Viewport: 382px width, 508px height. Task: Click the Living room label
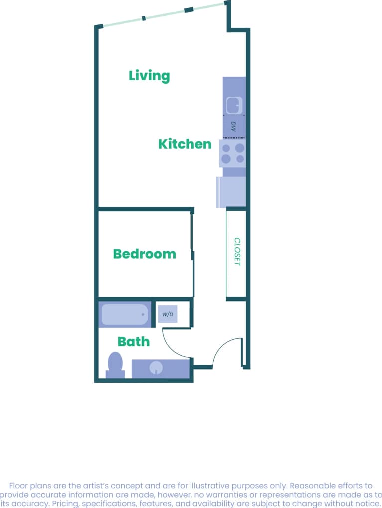149,76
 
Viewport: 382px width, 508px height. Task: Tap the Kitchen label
185,144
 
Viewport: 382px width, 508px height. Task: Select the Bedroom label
144,254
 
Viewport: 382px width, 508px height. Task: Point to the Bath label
133,342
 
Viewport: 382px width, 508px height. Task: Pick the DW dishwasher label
233,126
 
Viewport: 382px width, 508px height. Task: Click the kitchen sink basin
234,105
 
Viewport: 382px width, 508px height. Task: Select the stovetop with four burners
233,153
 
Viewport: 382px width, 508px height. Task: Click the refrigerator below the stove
231,192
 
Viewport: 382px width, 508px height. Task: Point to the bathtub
125,315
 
